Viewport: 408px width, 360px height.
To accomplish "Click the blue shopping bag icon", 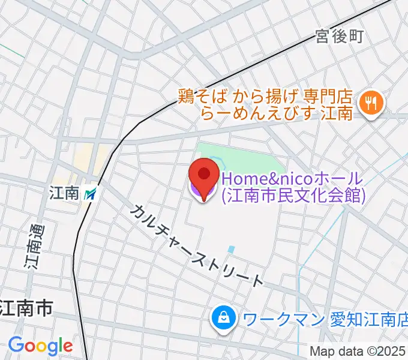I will [x=223, y=317].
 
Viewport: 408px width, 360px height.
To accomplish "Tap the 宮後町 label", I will [x=340, y=37].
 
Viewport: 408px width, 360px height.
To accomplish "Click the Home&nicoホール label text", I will [x=292, y=178].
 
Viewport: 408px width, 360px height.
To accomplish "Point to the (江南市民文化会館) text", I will [x=293, y=195].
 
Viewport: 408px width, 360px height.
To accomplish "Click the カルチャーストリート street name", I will [x=197, y=245].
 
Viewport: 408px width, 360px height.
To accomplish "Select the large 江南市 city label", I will [x=26, y=309].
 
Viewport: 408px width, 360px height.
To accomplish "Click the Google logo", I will [x=40, y=346].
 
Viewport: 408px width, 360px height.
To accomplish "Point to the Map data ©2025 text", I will [x=358, y=352].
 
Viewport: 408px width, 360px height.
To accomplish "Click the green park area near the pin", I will [x=246, y=157].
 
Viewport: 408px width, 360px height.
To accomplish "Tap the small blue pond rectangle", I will [x=232, y=248].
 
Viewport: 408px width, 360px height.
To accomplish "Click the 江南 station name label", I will [x=65, y=194].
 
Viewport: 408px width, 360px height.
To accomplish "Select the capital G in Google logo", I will [x=16, y=346].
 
